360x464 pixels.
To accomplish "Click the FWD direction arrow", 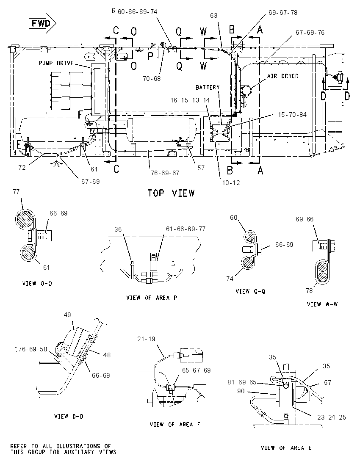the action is click(x=42, y=23).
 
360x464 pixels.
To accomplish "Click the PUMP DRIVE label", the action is click(x=56, y=64).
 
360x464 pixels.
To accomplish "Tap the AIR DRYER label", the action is click(x=283, y=76).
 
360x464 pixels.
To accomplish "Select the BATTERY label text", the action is click(x=208, y=87).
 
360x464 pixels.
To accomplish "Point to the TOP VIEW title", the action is click(x=171, y=193).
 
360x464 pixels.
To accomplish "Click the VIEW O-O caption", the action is click(x=37, y=284).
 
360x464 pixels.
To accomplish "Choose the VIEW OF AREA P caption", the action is click(x=152, y=298).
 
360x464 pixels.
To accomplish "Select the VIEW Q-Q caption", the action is click(x=250, y=291).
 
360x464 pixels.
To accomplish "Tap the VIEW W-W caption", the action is click(x=322, y=304).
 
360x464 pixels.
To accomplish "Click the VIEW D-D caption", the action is click(x=69, y=416).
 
